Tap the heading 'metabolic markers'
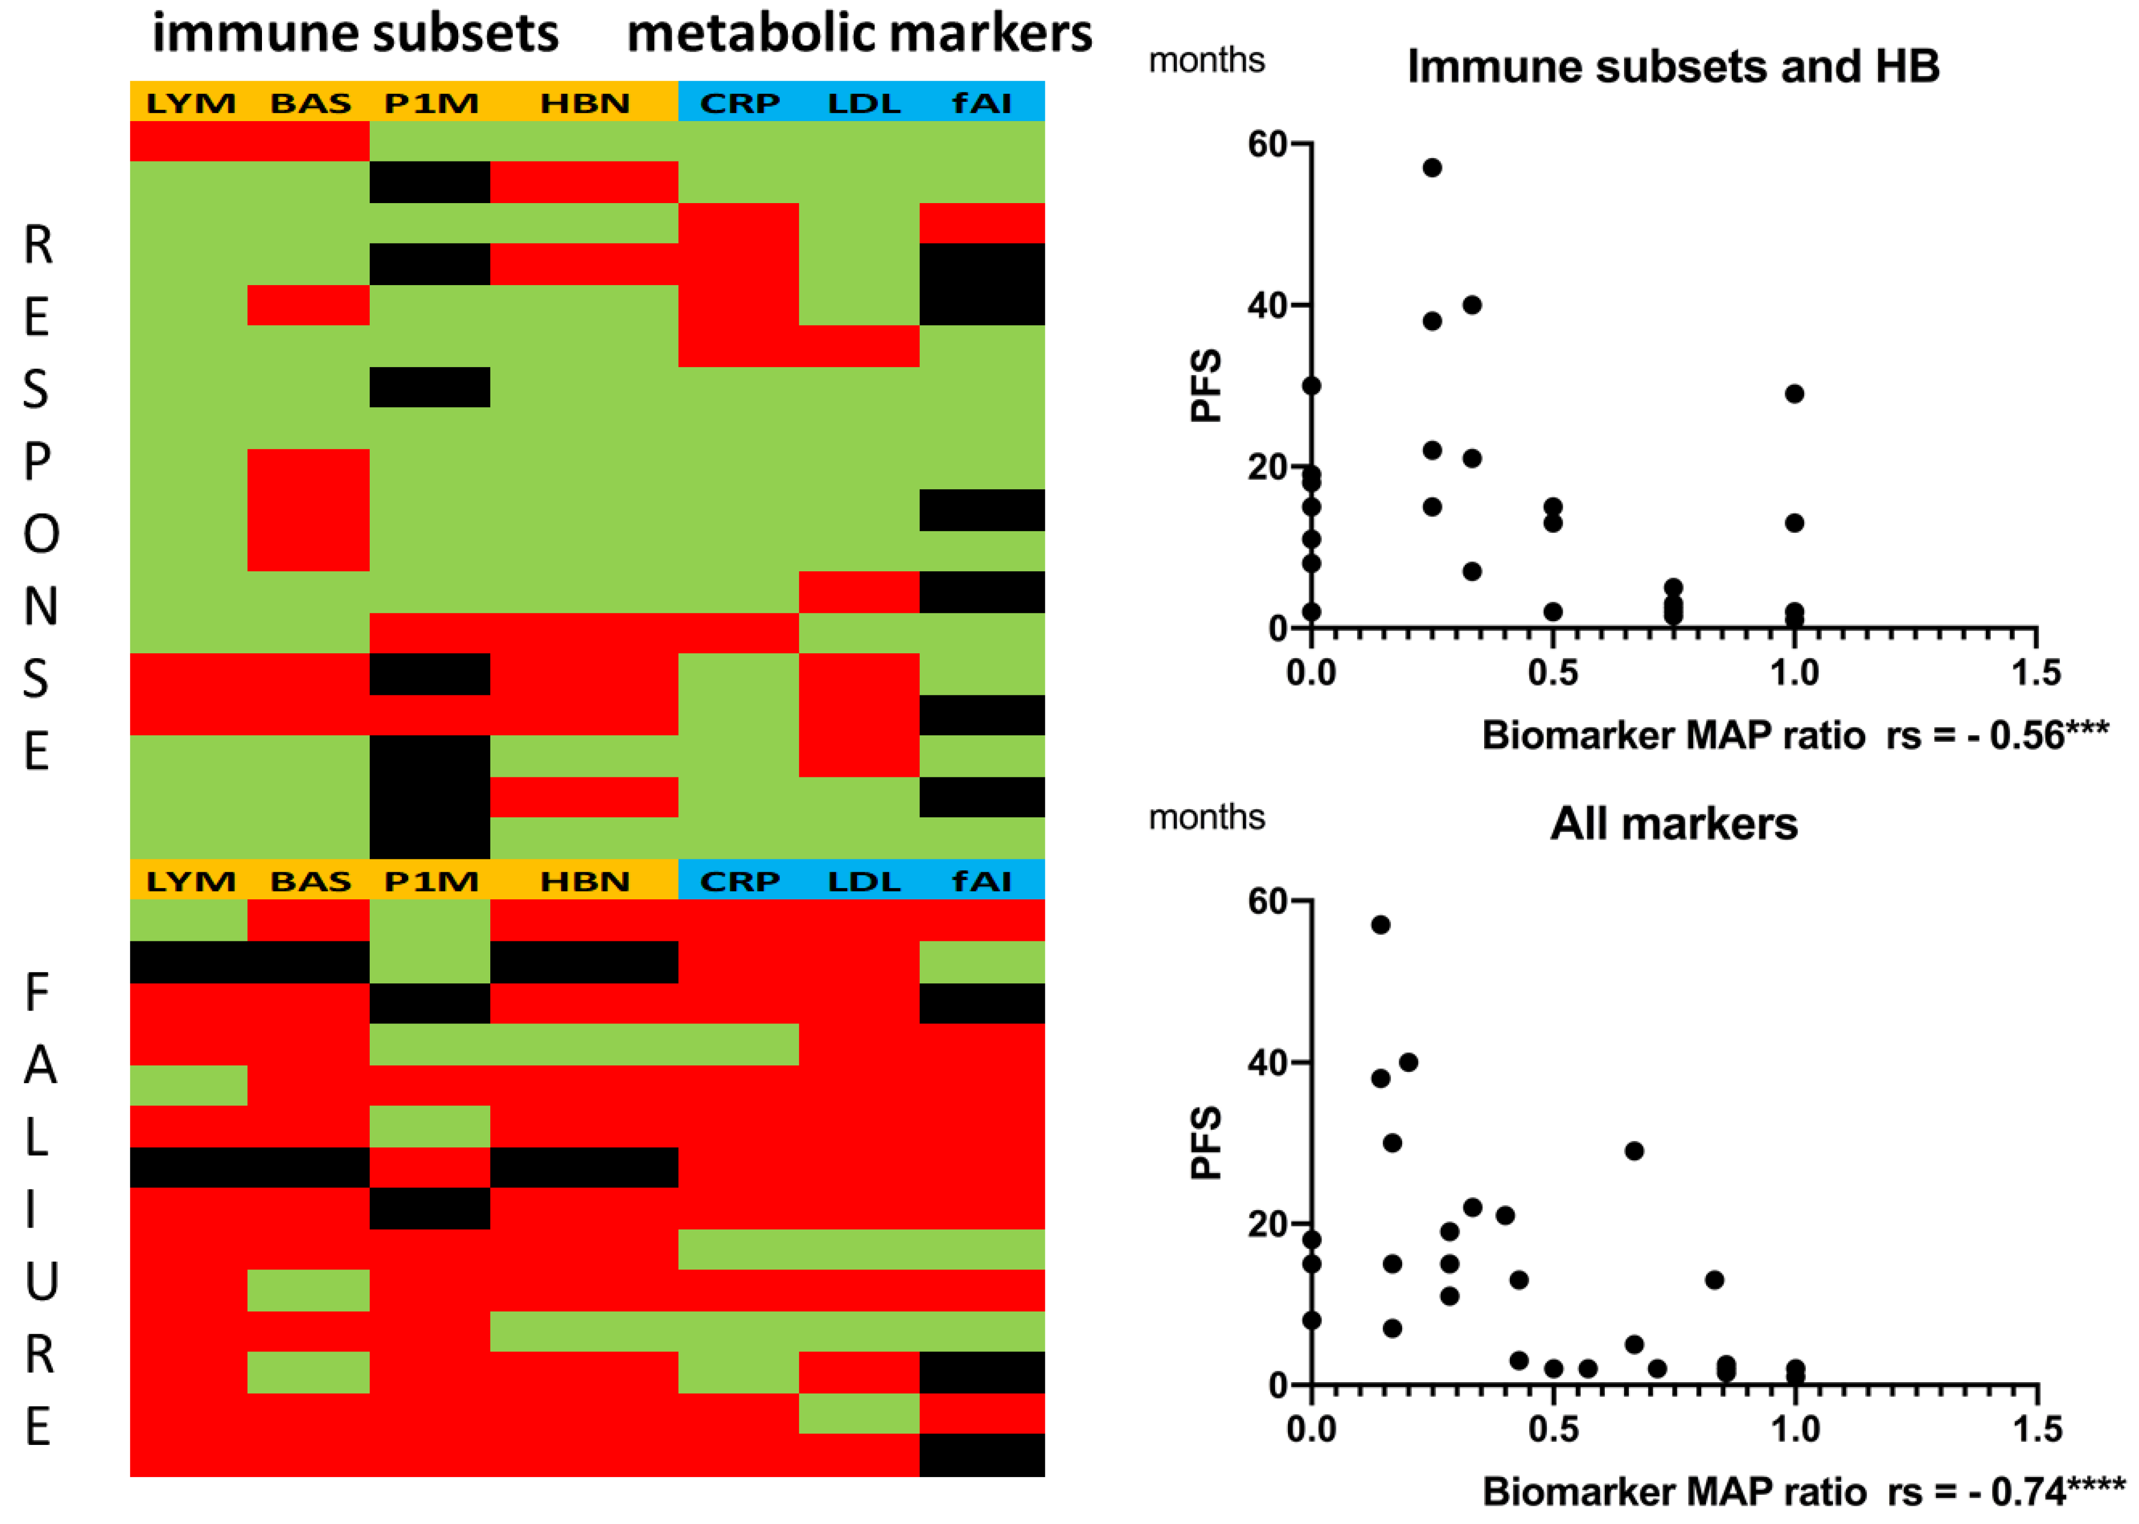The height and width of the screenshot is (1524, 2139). point(859,34)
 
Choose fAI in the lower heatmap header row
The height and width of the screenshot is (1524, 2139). point(982,881)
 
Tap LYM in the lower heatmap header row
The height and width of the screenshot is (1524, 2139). point(191,881)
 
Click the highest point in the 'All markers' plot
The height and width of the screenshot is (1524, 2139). point(1380,925)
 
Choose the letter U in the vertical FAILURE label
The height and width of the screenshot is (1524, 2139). point(40,1282)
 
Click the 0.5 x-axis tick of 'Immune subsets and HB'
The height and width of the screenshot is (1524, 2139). point(1552,672)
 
